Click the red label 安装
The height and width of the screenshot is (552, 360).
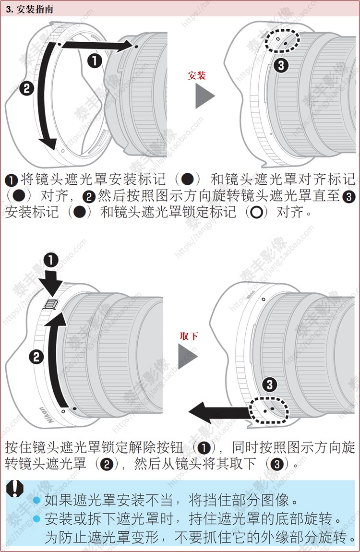pyautogui.click(x=197, y=76)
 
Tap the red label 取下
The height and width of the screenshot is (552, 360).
pyautogui.click(x=189, y=336)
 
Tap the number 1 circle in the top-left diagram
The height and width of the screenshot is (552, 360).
pyautogui.click(x=95, y=60)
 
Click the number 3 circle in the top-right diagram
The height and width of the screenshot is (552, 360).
pyautogui.click(x=281, y=66)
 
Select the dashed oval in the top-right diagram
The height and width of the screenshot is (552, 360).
pyautogui.click(x=284, y=42)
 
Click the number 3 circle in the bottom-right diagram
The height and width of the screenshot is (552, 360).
pyautogui.click(x=269, y=384)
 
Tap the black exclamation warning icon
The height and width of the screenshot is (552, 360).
pyautogui.click(x=16, y=488)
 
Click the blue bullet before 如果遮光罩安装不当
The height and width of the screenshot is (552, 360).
pyautogui.click(x=36, y=501)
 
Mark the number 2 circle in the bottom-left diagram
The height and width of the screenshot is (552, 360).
pyautogui.click(x=36, y=357)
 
